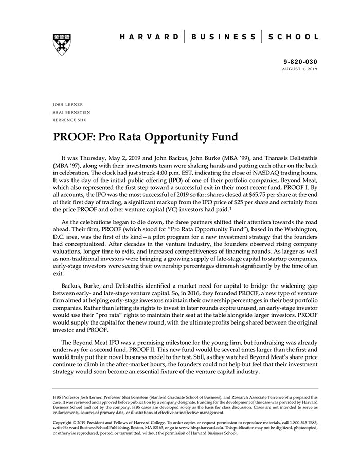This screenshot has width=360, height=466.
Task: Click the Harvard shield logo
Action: tap(61, 44)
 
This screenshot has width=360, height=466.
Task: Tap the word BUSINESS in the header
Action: tap(223, 37)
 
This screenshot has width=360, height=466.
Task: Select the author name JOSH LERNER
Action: tap(68, 104)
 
